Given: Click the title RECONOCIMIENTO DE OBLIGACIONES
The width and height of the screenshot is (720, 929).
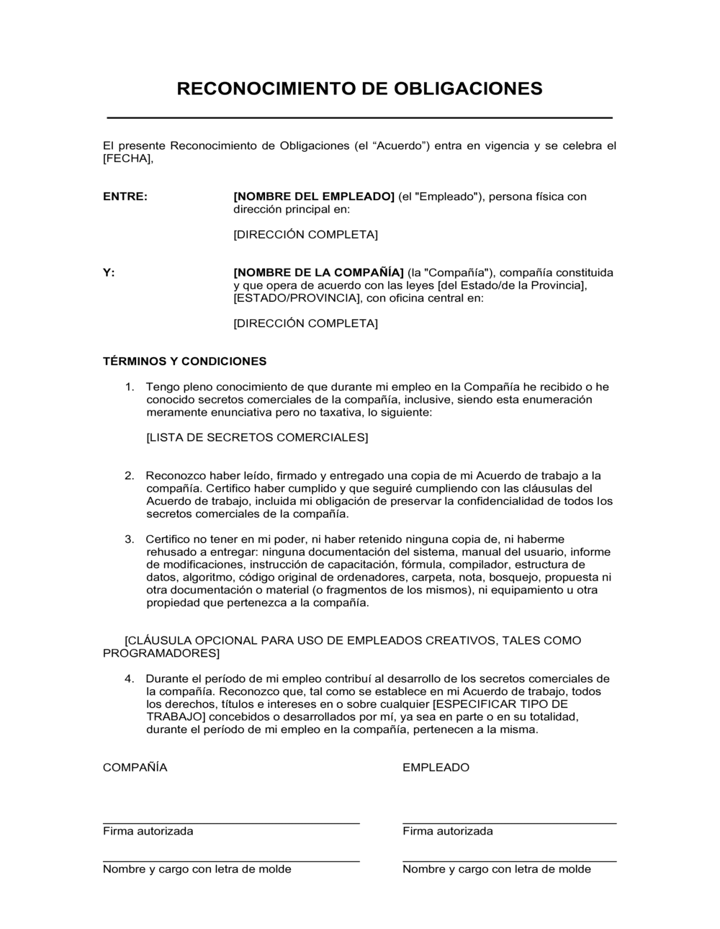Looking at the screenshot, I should (359, 89).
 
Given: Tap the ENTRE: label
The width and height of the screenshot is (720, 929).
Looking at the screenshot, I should (125, 197).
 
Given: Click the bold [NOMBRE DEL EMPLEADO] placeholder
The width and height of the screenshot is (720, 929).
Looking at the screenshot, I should (314, 197).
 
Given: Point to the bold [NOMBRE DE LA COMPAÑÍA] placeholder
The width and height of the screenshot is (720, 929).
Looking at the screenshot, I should (318, 272).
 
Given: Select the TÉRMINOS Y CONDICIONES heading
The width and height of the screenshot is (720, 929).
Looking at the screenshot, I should (184, 361).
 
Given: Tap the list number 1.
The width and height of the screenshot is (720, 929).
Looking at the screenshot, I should (130, 387).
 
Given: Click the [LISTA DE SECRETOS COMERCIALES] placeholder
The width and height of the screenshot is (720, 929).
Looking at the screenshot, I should (257, 437).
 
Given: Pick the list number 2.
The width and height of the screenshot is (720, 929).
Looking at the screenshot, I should (130, 475).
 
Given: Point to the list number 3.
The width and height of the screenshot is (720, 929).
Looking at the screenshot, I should (130, 539).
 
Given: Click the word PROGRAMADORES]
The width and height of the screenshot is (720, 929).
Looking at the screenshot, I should (161, 653).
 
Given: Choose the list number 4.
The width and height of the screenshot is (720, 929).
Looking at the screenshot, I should (130, 678).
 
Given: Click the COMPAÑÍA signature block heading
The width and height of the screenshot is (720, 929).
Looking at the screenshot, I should (135, 768).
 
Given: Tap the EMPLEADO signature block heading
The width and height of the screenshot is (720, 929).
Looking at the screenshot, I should (436, 768).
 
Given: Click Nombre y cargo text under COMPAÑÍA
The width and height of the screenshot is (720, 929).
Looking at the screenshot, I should (197, 869).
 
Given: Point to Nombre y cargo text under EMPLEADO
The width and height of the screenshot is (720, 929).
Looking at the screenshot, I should (496, 869).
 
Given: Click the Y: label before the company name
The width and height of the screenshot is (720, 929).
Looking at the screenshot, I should (109, 272).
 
